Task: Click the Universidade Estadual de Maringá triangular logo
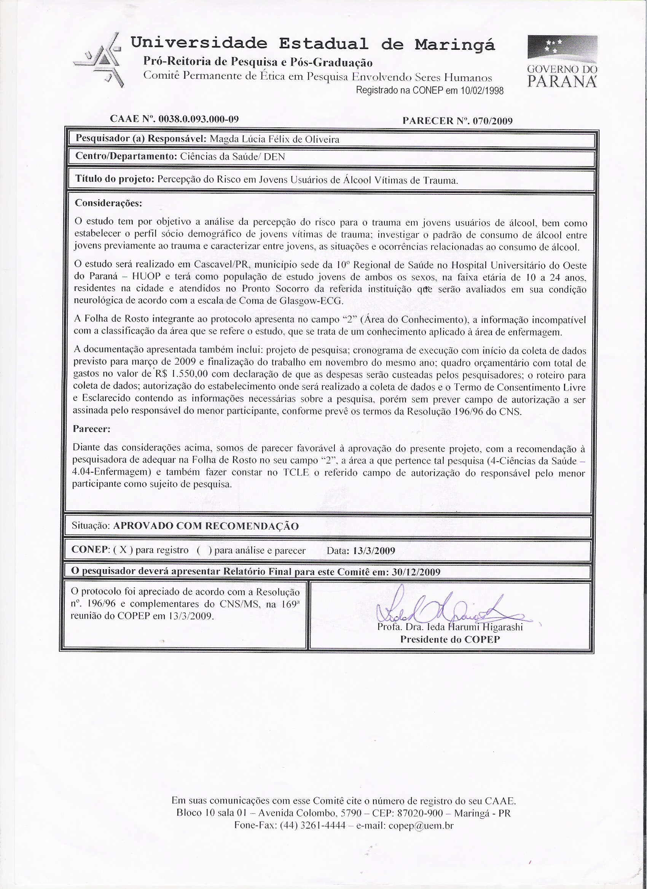[x=101, y=60]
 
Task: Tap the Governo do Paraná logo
[x=562, y=61]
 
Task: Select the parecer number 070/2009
[x=492, y=121]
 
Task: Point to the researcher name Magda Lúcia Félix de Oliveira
[x=275, y=139]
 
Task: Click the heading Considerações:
[x=108, y=203]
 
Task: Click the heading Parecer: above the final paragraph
[x=92, y=429]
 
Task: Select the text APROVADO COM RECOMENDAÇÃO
[x=206, y=526]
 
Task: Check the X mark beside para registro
[x=123, y=550]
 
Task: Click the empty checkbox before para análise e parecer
[x=204, y=550]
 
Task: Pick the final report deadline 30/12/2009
[x=416, y=572]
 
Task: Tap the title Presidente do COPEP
[x=449, y=639]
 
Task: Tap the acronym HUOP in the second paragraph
[x=146, y=277]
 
